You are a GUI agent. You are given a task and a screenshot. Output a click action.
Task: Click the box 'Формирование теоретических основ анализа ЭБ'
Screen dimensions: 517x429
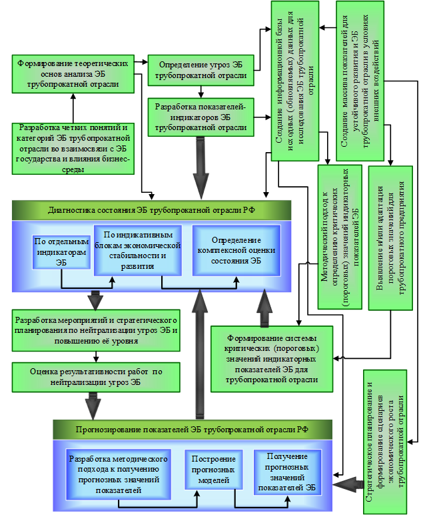coord(73,73)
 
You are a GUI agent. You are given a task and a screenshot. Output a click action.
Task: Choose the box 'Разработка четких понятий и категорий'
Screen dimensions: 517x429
coord(73,148)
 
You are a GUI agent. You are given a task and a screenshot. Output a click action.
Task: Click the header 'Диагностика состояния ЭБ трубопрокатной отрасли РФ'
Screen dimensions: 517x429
coord(151,209)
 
